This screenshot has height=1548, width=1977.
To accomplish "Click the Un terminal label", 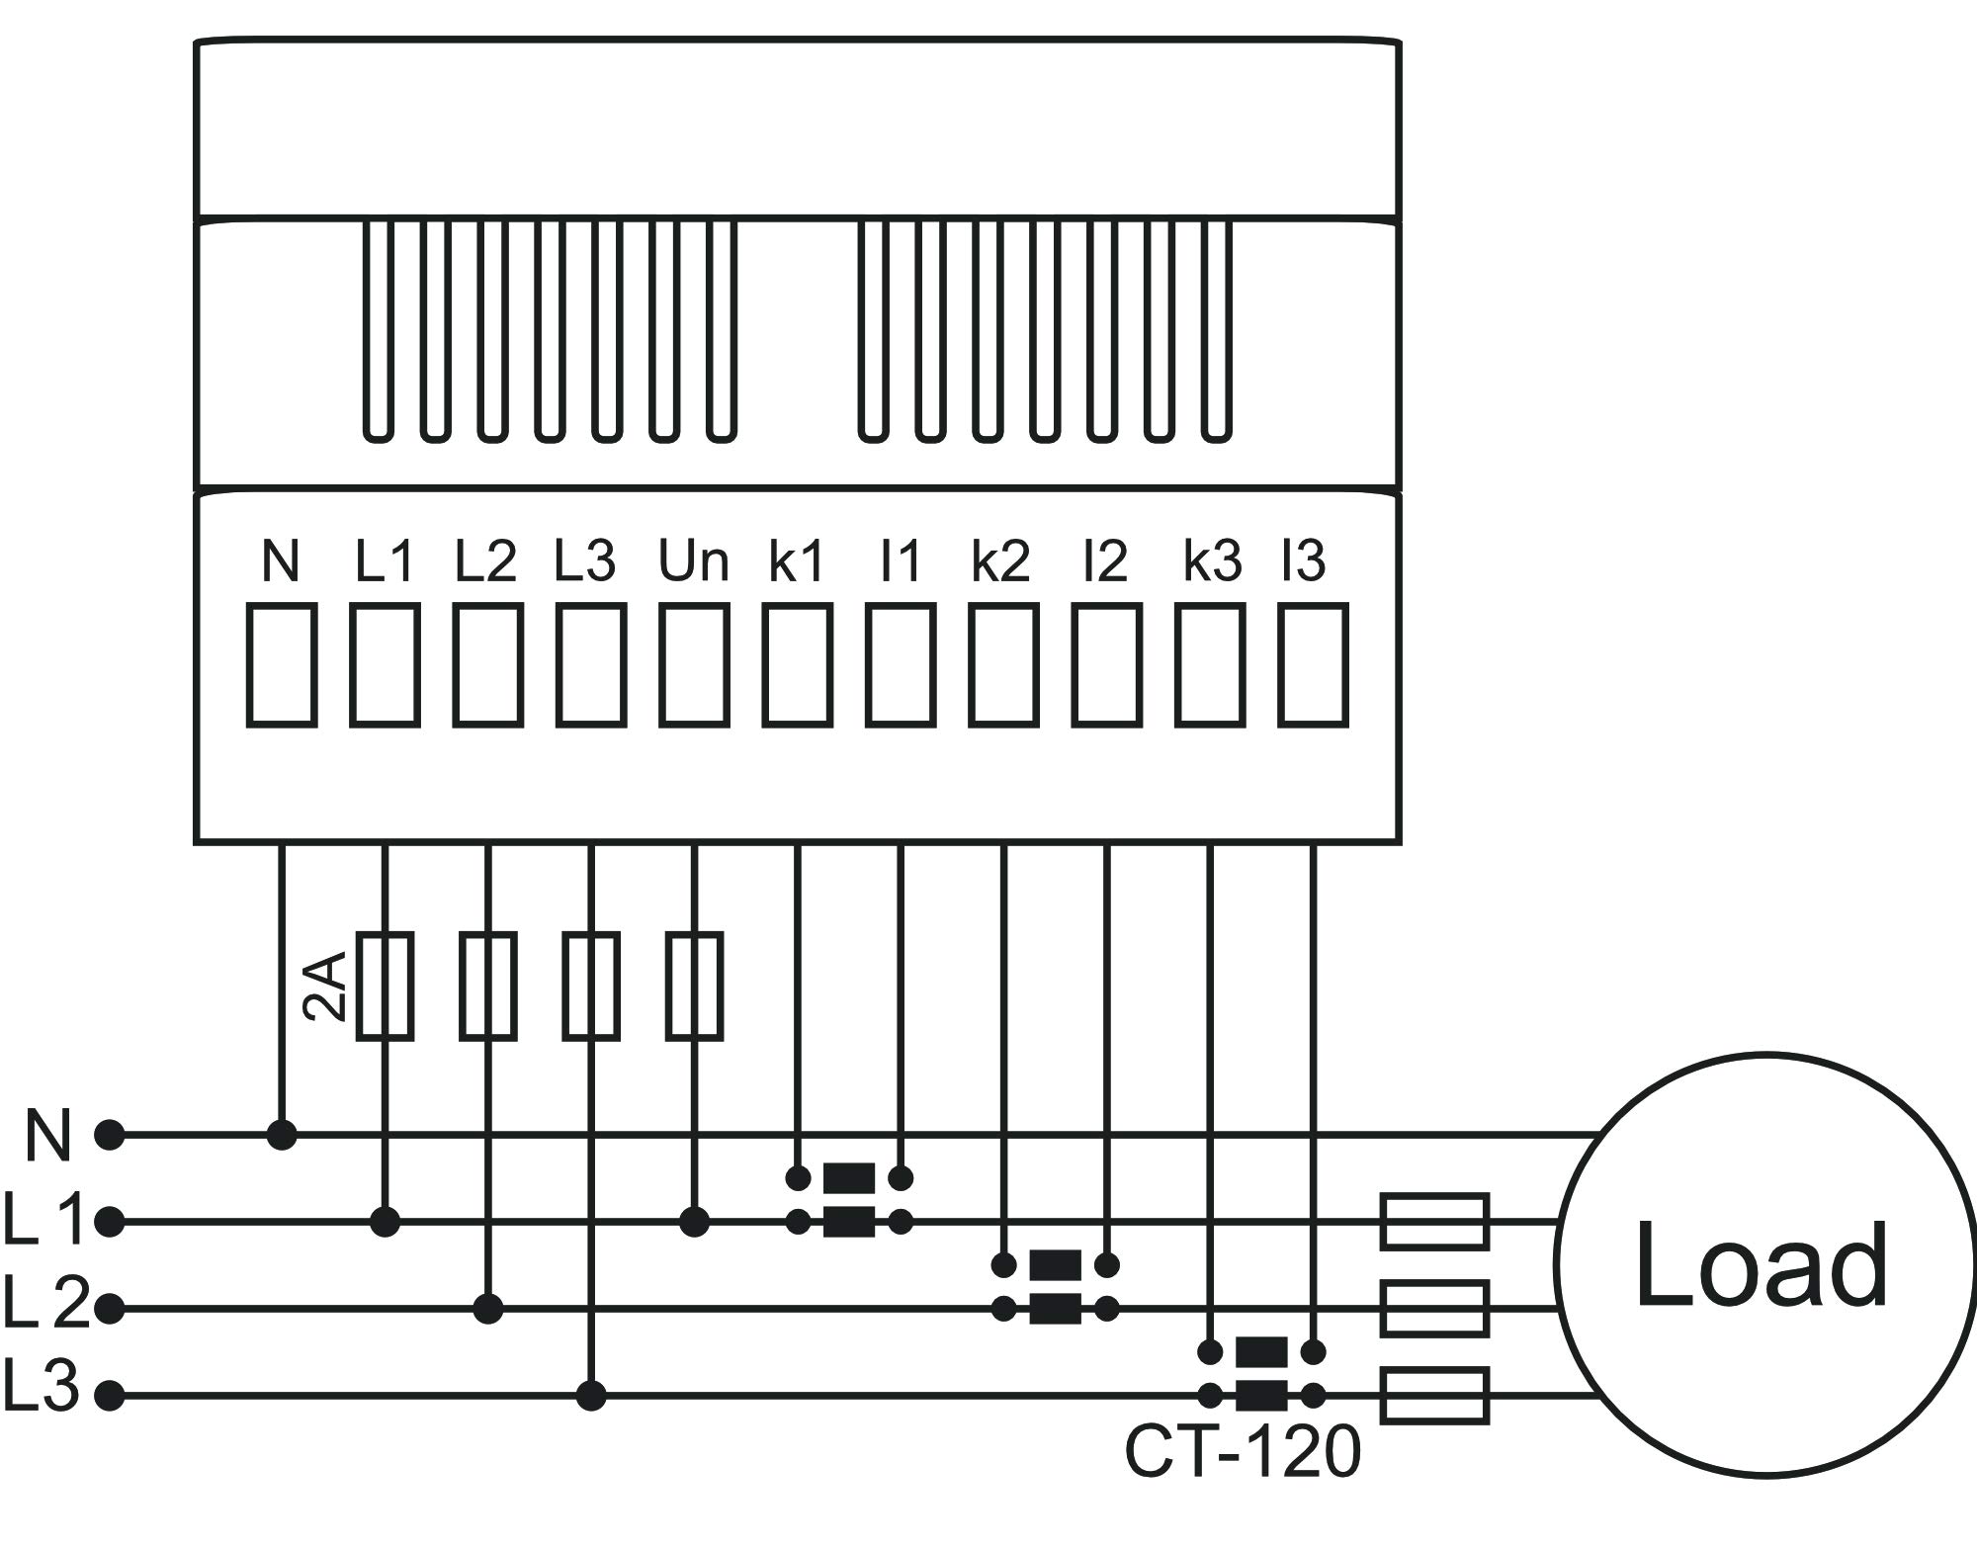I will tap(694, 561).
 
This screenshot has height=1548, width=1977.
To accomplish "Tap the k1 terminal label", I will tap(797, 561).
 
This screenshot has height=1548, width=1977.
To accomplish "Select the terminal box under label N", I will tap(282, 666).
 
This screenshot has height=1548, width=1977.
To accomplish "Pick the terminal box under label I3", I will tap(1313, 666).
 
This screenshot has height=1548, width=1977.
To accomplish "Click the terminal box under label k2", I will tap(1003, 666).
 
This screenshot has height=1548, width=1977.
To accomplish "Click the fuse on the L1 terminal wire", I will tap(385, 986).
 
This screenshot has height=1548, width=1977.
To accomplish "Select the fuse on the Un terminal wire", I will tap(694, 986).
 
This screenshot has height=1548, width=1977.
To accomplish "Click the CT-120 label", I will tap(1243, 1452).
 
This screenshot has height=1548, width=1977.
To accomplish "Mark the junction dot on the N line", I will tap(282, 1135).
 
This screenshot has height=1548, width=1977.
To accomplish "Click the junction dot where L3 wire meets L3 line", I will tap(591, 1396).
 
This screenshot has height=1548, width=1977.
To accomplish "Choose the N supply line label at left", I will tap(47, 1136).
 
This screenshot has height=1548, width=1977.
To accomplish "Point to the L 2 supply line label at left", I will tap(45, 1302).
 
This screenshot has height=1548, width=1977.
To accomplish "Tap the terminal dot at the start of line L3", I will tap(111, 1396).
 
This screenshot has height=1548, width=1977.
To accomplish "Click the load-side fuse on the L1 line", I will tap(1434, 1222).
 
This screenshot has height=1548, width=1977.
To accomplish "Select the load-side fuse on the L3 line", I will tap(1434, 1396).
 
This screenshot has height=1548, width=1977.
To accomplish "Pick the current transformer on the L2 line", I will tap(1055, 1287).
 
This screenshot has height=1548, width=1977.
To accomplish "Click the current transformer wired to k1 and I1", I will tap(849, 1200).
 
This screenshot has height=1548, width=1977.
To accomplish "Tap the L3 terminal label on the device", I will tap(585, 561).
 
